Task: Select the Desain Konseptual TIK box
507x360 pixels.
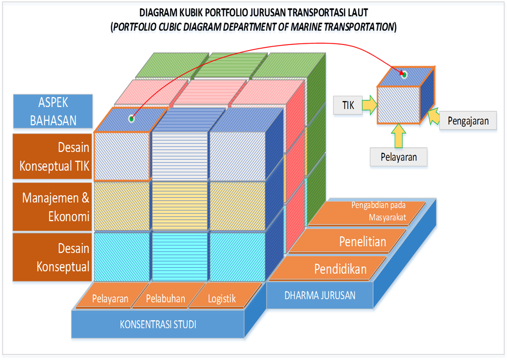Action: click(52, 156)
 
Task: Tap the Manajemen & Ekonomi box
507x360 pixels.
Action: click(52, 207)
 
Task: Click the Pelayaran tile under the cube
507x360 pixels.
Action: click(110, 298)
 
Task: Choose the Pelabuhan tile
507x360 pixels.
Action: click(165, 298)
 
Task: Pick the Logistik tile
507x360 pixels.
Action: click(222, 298)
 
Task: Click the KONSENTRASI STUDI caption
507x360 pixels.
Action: click(158, 324)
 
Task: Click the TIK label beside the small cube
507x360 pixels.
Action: click(348, 105)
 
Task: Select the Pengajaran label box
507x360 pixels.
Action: click(468, 121)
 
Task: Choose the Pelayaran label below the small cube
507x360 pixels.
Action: click(398, 157)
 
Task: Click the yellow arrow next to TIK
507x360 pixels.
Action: click(370, 105)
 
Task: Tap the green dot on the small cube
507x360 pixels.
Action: click(404, 74)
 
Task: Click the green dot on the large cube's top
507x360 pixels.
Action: click(131, 119)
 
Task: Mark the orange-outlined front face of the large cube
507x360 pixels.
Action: click(122, 156)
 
